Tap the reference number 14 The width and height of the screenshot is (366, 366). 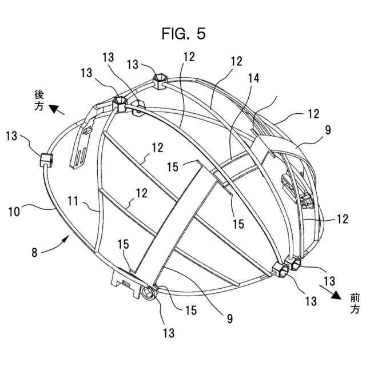[253, 79]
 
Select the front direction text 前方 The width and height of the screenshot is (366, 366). [354, 303]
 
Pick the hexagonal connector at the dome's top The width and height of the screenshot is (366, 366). [158, 78]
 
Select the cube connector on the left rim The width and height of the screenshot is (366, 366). [45, 159]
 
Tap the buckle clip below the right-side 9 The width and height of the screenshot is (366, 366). [306, 200]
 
